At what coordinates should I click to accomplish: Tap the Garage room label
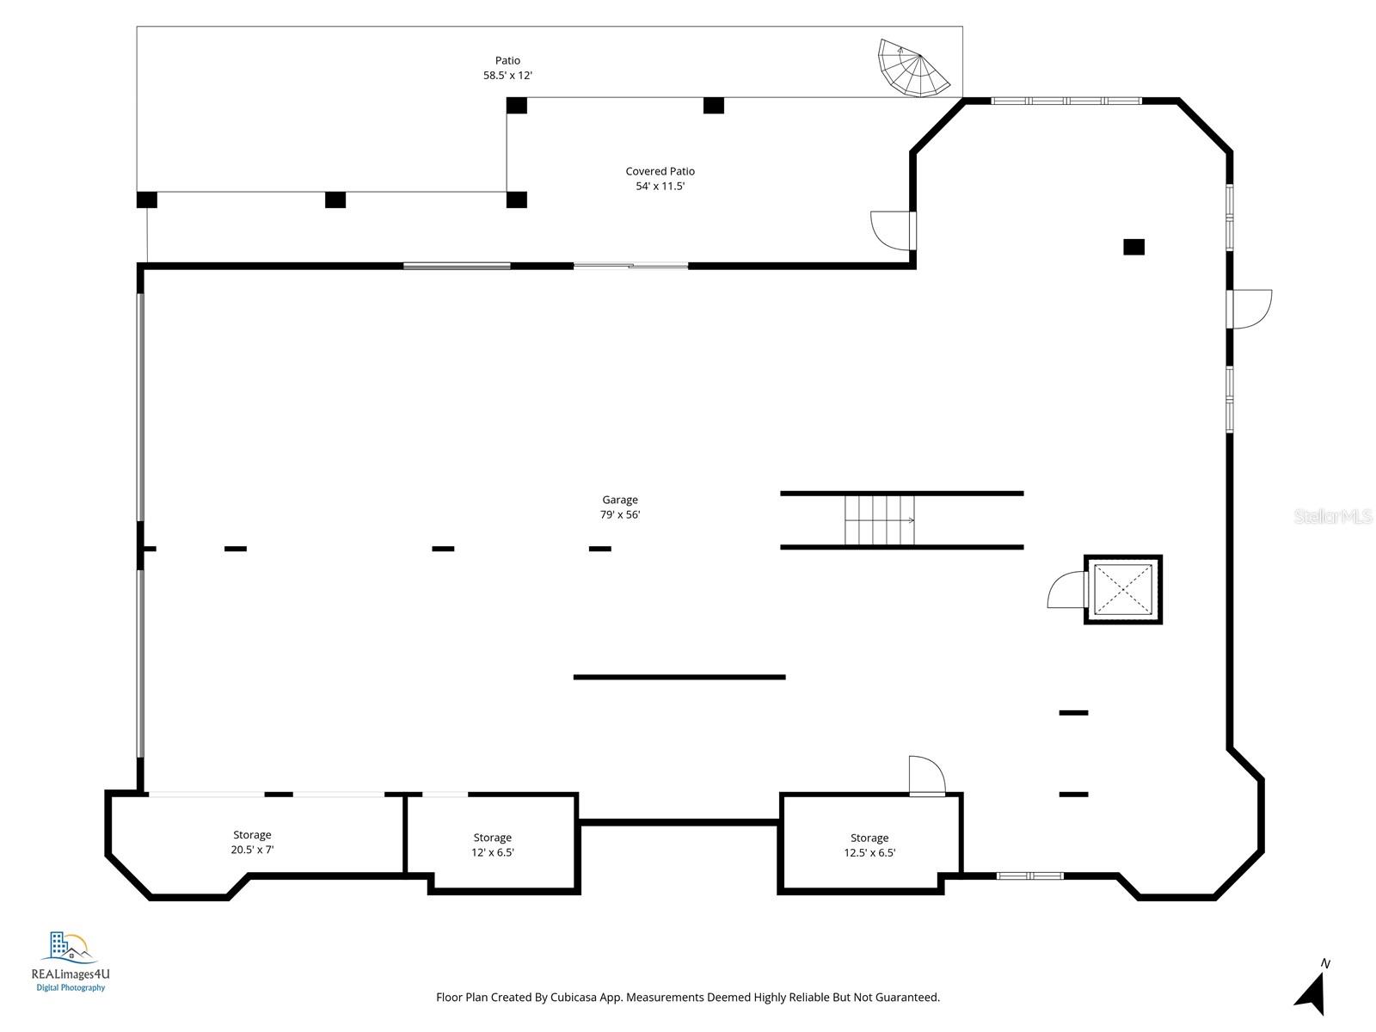pos(619,500)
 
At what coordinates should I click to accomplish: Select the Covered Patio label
pos(660,171)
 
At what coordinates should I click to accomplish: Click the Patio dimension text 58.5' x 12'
pos(507,76)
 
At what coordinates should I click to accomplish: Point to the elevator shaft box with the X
pos(1122,590)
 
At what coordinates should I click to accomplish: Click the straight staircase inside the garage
pos(879,520)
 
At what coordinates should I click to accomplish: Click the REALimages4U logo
pos(70,960)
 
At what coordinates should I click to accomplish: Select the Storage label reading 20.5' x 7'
pos(252,842)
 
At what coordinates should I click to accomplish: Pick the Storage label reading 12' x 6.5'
pos(493,845)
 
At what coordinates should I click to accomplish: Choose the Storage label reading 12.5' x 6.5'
pos(869,845)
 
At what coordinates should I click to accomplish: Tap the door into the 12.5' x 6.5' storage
pos(927,776)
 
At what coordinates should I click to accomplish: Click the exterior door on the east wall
pos(1250,309)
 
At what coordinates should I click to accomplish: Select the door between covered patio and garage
pos(892,230)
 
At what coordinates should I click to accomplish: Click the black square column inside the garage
pos(1133,247)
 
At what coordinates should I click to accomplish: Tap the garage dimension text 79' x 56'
pos(619,515)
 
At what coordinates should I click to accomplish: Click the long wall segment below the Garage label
pos(679,677)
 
